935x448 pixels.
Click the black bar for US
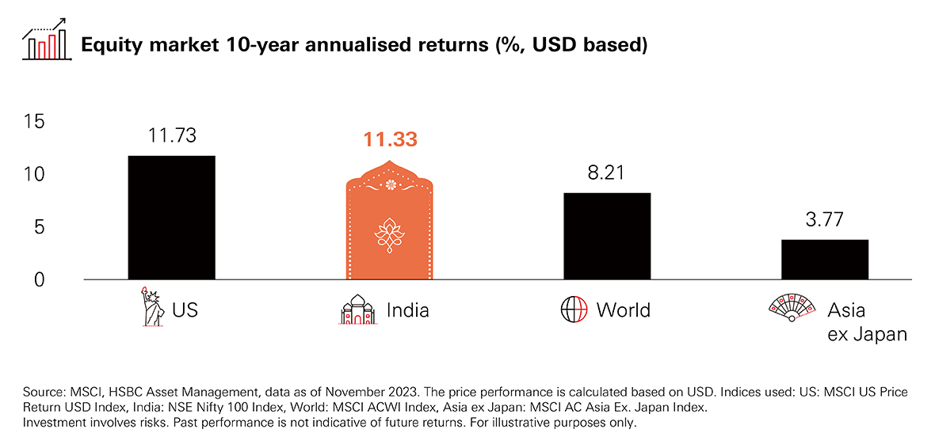[x=171, y=218]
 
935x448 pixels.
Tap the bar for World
[x=608, y=236]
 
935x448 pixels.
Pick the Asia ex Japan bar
[x=825, y=260]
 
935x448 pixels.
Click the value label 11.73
[x=172, y=135]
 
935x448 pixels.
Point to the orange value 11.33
[x=390, y=140]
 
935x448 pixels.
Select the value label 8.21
[x=608, y=173]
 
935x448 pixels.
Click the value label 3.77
[x=825, y=220]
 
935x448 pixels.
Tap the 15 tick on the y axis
[x=35, y=121]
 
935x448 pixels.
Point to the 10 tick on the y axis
[x=35, y=174]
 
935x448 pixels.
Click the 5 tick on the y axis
[x=40, y=227]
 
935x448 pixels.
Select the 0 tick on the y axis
[x=40, y=279]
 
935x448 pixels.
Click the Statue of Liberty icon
[x=148, y=307]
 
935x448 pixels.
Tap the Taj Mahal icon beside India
[x=357, y=309]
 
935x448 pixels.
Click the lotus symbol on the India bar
[x=390, y=234]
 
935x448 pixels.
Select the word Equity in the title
[x=111, y=46]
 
